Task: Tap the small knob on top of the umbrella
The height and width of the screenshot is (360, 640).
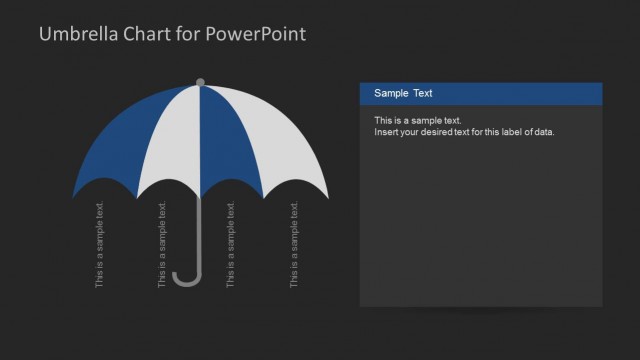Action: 200,82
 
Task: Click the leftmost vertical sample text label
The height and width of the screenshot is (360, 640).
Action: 100,245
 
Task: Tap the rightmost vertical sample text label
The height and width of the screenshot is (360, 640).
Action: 294,245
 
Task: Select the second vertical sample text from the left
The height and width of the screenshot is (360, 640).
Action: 163,245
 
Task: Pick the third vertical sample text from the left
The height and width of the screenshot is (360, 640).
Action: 231,245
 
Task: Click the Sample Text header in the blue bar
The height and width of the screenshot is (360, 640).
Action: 403,93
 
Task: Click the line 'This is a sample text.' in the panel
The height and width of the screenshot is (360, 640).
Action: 417,120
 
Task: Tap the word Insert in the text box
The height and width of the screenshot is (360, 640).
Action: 386,132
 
